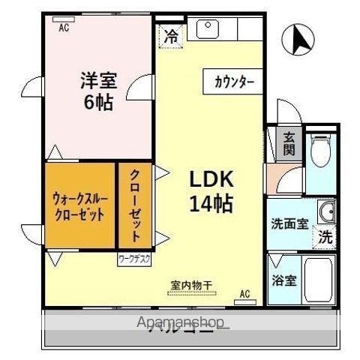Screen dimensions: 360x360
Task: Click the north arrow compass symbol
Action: (x=299, y=41)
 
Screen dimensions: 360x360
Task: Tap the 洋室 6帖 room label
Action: (x=97, y=91)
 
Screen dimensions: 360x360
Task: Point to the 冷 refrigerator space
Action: (x=171, y=35)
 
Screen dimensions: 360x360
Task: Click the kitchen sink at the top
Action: (x=206, y=29)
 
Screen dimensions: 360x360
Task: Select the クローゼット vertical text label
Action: (x=136, y=204)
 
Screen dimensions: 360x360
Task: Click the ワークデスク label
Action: (x=134, y=259)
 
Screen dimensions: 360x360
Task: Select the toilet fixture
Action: (x=320, y=149)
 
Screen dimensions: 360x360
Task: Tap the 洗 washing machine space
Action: (x=324, y=237)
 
